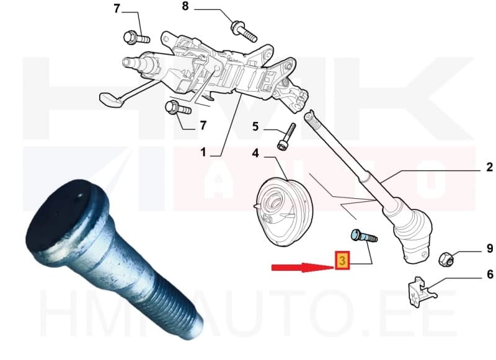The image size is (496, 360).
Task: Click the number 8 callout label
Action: (x=184, y=7)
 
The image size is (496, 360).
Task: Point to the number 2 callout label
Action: (x=489, y=167)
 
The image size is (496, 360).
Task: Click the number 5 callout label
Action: (x=255, y=128)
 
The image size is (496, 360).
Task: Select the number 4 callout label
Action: (x=255, y=152)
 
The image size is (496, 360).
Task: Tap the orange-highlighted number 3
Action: (x=341, y=261)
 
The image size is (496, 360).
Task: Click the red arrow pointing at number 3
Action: (x=301, y=267)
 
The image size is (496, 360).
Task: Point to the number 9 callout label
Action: (x=489, y=250)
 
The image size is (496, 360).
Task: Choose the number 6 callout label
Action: (x=489, y=274)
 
